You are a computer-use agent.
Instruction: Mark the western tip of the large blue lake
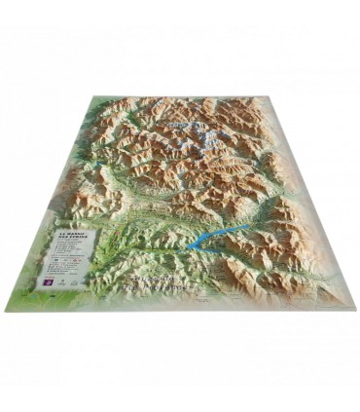pos(188,246)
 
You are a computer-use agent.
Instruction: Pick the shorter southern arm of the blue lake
pos(210,251)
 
